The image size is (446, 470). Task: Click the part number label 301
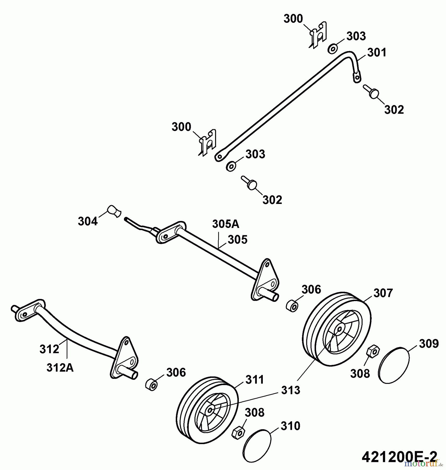377,52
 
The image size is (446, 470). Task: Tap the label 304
88,221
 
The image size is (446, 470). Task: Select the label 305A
225,224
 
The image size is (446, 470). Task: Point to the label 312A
60,368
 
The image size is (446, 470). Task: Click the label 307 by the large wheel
383,293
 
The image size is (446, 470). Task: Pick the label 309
429,344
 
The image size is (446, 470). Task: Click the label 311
255,380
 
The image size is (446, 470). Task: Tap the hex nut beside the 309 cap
373,351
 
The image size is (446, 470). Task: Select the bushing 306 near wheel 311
151,385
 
